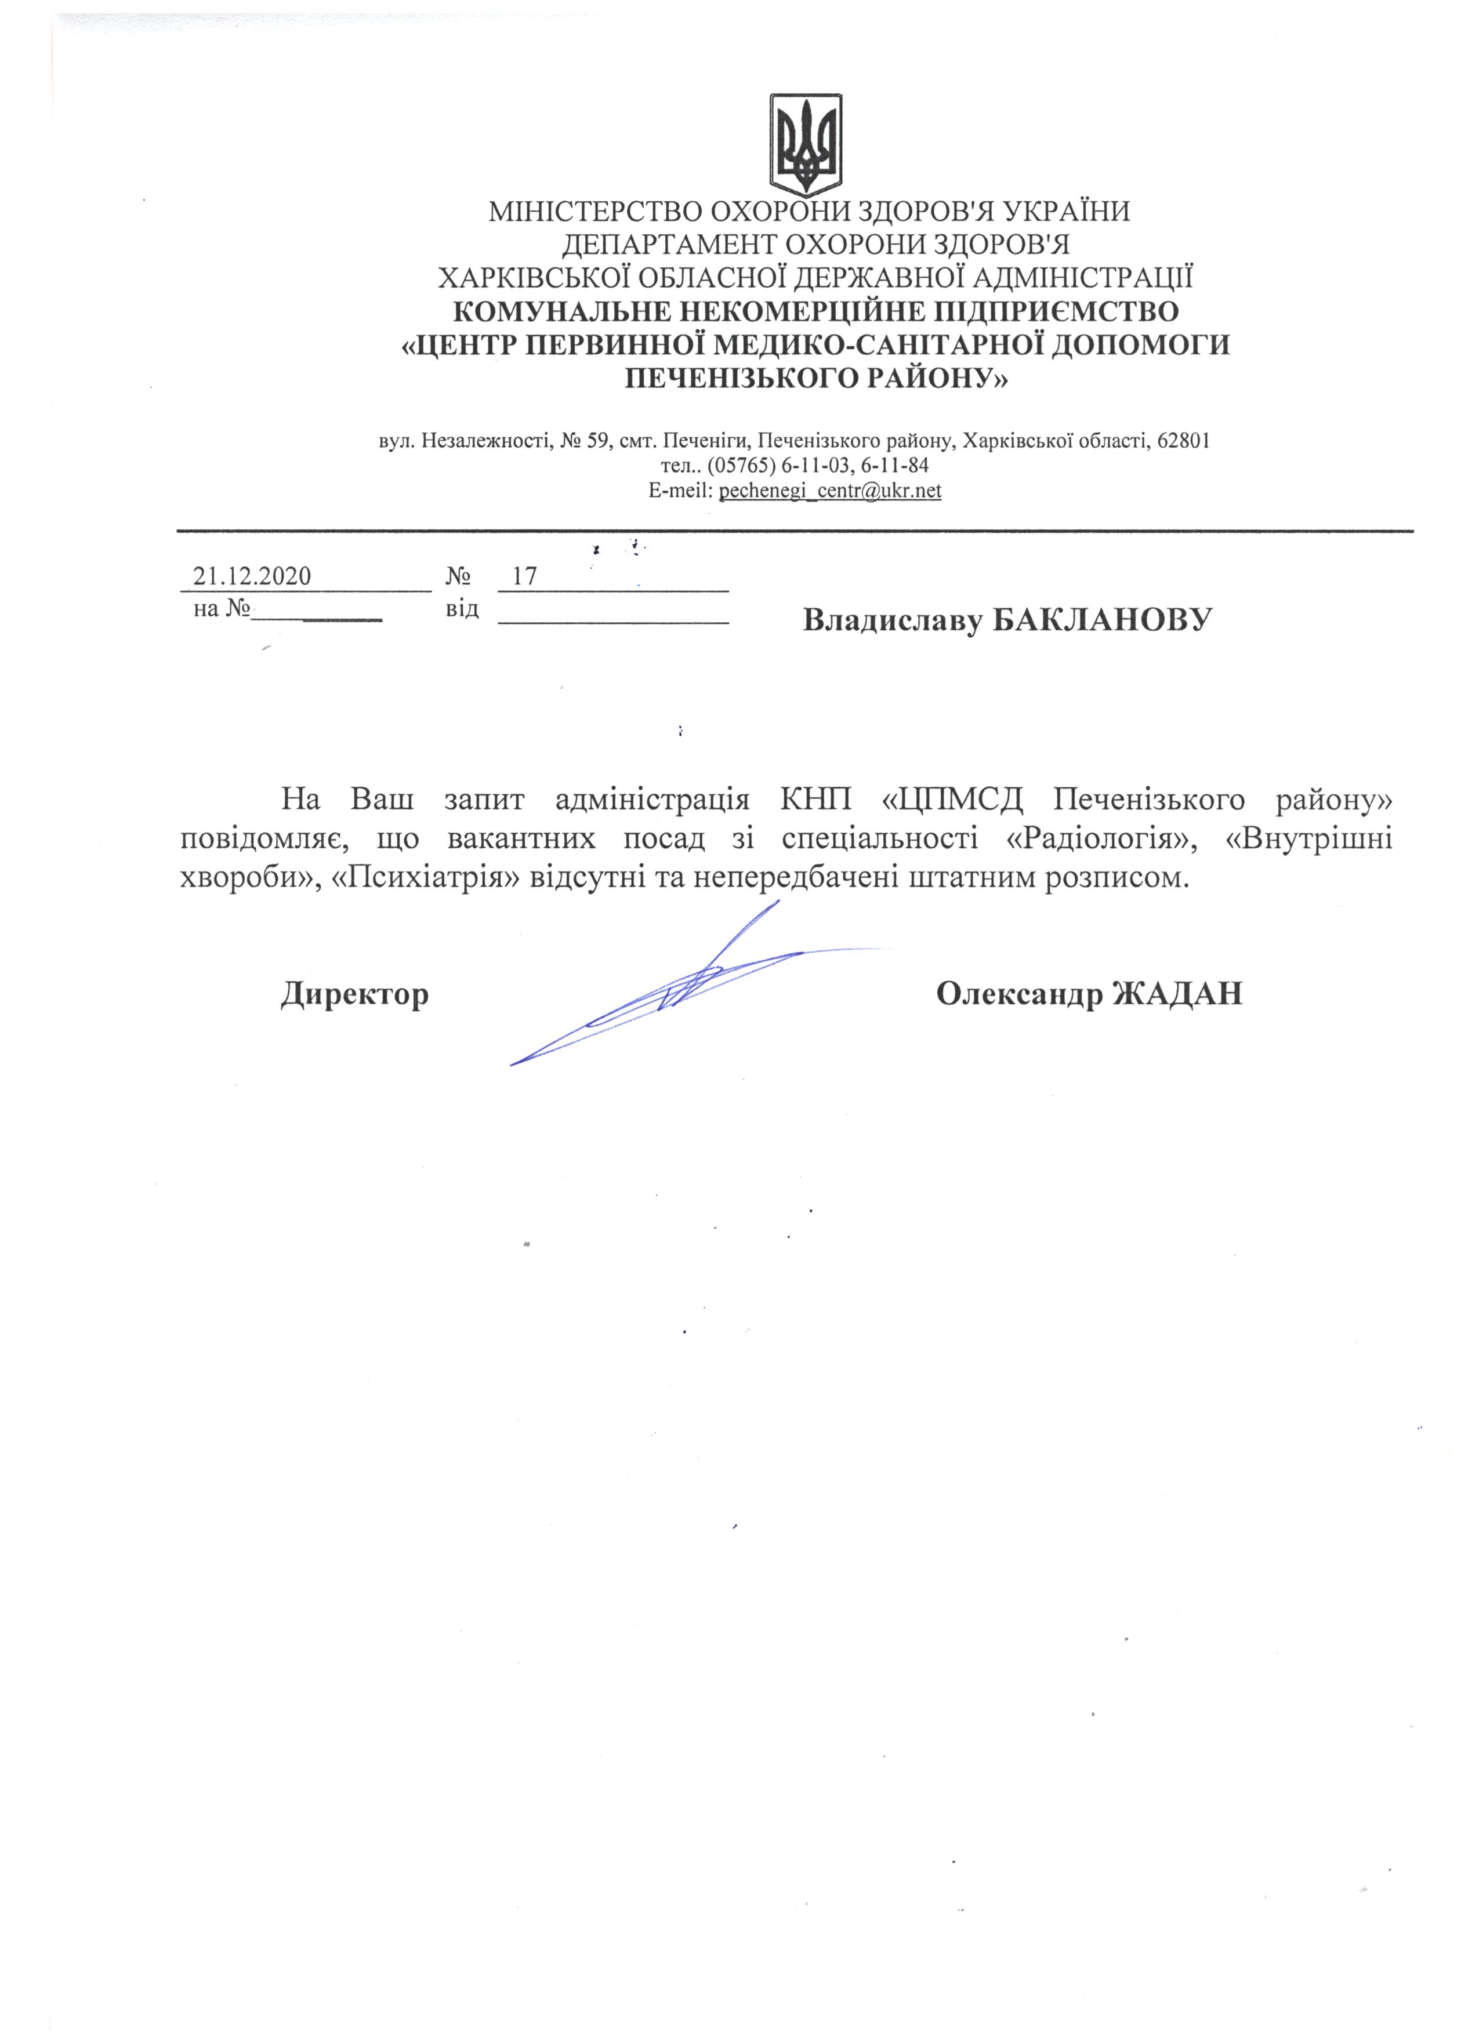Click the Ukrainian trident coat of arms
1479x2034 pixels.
coord(806,143)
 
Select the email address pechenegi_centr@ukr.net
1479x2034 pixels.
coord(829,491)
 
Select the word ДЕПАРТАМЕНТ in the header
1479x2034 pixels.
coord(668,245)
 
